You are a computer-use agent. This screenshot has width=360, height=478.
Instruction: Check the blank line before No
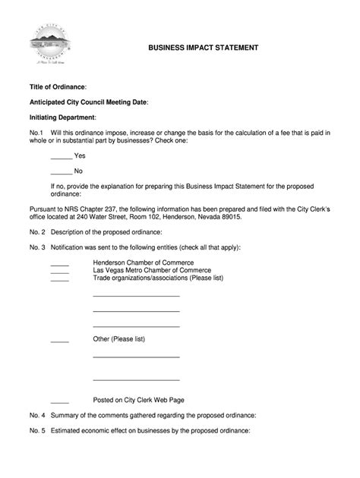point(61,171)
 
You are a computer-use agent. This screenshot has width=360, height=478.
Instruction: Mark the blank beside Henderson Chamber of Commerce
point(59,263)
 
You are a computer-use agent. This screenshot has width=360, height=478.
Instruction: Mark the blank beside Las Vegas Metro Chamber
point(59,270)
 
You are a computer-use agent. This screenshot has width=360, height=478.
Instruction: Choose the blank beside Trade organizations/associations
point(59,278)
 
